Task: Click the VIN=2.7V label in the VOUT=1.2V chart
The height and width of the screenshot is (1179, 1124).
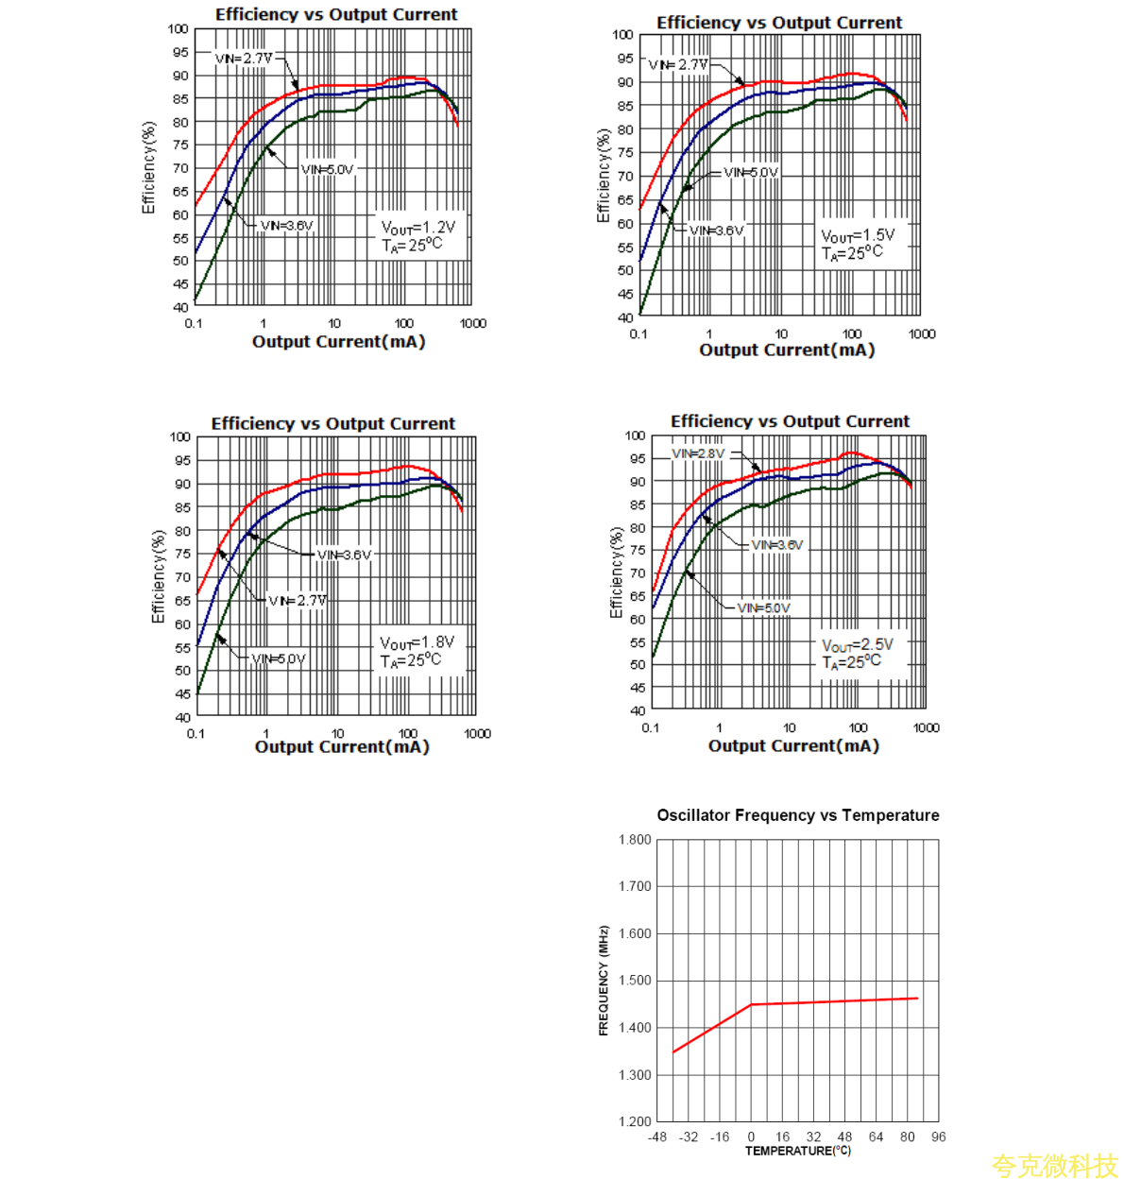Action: coord(244,59)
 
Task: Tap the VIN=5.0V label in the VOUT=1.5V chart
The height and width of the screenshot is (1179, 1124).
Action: coord(751,173)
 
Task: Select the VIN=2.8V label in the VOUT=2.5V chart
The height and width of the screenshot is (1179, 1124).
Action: coord(699,454)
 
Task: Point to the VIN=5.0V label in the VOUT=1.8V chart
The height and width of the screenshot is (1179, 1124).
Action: coord(279,658)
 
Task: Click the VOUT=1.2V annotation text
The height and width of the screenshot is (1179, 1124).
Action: coord(417,228)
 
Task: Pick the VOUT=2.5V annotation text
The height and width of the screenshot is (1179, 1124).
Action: coord(857,645)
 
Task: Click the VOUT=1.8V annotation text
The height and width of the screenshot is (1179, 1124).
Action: coord(417,642)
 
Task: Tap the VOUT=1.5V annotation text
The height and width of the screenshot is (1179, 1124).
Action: coord(857,235)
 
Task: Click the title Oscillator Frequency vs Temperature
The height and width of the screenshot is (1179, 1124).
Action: coord(798,815)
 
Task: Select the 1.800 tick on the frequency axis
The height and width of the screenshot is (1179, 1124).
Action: coord(635,840)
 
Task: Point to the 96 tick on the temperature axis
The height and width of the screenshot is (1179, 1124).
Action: coord(938,1136)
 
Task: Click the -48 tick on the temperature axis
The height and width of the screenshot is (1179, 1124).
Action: coord(657,1136)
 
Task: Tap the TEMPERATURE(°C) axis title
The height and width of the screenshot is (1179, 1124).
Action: coord(798,1151)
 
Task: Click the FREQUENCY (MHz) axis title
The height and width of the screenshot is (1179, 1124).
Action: coord(604,981)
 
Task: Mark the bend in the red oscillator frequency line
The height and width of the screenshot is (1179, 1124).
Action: coord(752,1004)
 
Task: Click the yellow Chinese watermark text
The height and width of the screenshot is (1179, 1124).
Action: coord(1054,1165)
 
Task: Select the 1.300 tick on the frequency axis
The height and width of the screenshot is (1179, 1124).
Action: coord(635,1075)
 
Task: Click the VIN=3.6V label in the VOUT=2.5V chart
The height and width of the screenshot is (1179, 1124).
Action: coord(777,545)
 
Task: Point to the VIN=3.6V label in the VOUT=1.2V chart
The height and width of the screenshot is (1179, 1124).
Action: coord(286,226)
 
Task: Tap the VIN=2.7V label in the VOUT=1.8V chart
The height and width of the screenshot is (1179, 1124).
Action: coord(298,601)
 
